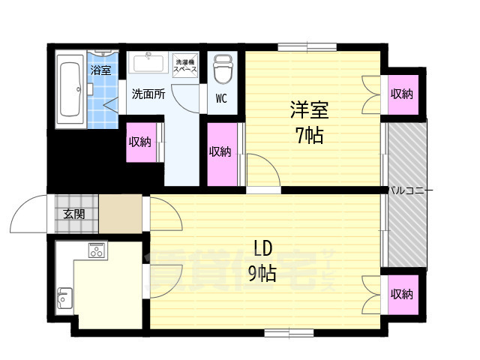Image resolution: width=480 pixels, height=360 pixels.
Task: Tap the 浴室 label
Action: (x=100, y=70)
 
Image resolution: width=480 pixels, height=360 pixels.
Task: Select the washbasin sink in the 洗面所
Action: (x=148, y=63)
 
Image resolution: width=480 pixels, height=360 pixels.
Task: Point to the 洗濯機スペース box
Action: (x=185, y=65)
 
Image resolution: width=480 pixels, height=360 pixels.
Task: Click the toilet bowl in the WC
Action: (x=222, y=70)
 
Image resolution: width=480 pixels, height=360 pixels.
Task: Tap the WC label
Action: (x=221, y=98)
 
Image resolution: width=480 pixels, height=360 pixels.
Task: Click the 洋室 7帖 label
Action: (x=309, y=123)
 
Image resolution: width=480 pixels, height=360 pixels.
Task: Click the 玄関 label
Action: (x=73, y=214)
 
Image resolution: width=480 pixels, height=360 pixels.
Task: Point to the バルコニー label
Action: (x=411, y=190)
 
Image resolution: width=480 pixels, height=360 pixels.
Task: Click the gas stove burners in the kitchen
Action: (x=97, y=250)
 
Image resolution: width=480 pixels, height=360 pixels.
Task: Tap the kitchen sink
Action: (x=64, y=297)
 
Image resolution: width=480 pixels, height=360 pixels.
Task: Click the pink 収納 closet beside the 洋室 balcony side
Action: (x=401, y=94)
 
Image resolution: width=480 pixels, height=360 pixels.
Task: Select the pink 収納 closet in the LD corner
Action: (x=401, y=294)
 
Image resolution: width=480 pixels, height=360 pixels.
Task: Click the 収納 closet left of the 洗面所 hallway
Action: (x=140, y=141)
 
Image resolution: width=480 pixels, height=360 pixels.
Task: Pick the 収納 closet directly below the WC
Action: (x=220, y=152)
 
